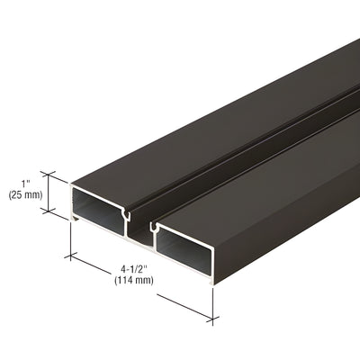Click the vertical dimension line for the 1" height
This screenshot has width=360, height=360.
(x=51, y=194)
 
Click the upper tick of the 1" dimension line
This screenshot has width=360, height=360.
(x=51, y=175)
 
